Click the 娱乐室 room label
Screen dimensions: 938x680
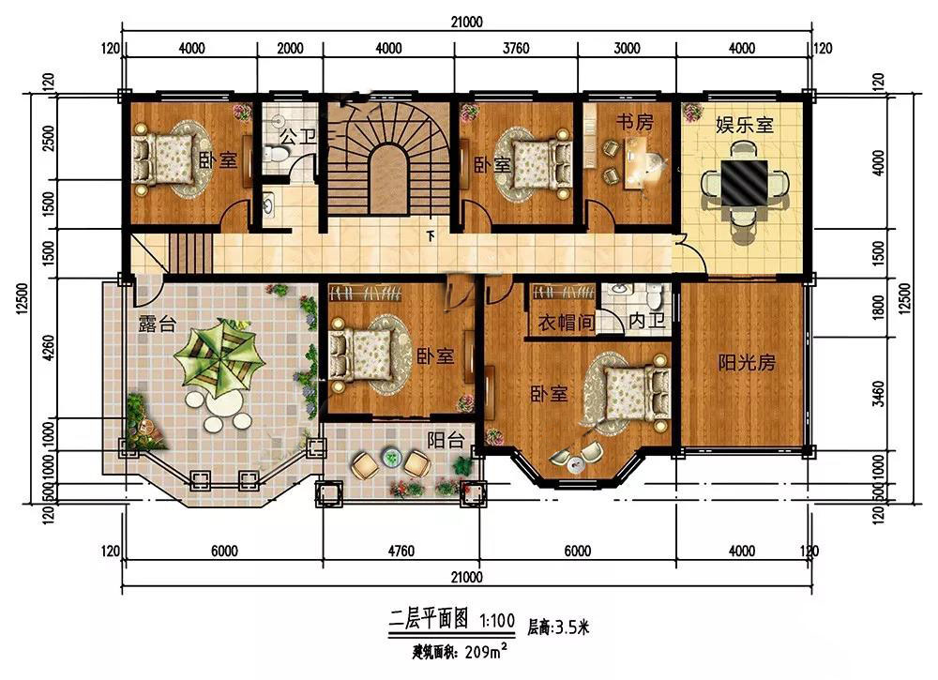point(745,125)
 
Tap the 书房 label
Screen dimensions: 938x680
point(635,122)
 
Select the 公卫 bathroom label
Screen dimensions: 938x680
point(298,136)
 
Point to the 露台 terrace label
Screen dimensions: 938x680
point(158,324)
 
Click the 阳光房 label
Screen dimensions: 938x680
point(747,362)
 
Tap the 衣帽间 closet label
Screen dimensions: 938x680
point(566,323)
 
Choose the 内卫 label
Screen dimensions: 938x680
point(646,321)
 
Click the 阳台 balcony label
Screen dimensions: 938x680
point(446,440)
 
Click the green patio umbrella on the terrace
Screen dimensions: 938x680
point(219,358)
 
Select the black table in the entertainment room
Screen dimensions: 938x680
point(744,182)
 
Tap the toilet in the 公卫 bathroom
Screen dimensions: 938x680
point(277,155)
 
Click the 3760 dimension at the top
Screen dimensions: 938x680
point(516,48)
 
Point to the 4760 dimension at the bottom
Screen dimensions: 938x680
point(401,551)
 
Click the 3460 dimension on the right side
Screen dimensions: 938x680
point(878,394)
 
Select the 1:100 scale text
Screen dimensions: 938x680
point(497,620)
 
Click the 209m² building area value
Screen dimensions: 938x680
point(486,651)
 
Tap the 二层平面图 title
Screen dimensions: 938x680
point(429,619)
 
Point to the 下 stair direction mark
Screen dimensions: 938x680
point(431,236)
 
